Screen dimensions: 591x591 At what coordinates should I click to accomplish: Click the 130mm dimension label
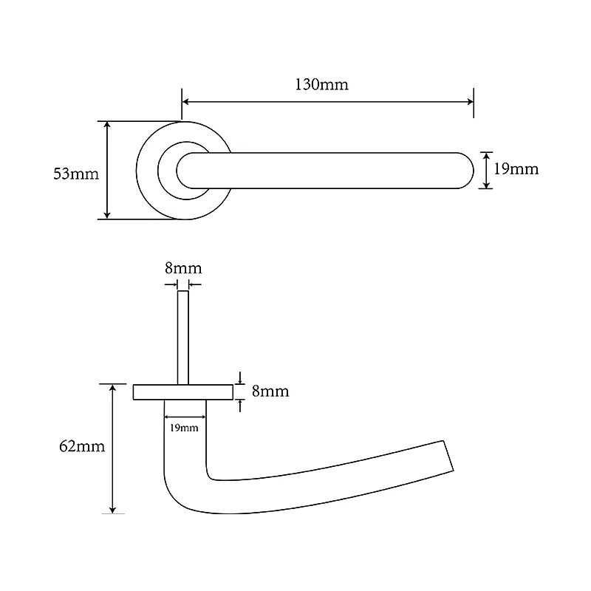(x=321, y=84)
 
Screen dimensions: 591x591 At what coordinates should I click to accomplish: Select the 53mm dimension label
(x=76, y=174)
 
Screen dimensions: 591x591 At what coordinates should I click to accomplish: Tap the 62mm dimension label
(x=82, y=446)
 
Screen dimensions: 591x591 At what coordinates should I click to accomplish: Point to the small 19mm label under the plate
(x=184, y=428)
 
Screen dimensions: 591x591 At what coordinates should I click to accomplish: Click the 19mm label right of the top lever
(x=516, y=169)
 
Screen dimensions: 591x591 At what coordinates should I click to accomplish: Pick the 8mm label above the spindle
(x=183, y=268)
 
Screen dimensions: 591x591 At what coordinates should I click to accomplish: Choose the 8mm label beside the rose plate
(x=270, y=392)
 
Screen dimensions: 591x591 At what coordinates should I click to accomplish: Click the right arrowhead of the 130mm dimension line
(x=471, y=102)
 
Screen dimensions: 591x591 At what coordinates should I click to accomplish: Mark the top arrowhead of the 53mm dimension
(x=107, y=125)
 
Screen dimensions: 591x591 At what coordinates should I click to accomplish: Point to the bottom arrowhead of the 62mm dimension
(x=113, y=510)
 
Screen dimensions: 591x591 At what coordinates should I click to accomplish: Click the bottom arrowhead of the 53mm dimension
(x=107, y=215)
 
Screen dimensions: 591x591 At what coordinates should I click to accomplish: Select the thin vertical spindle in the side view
(x=183, y=338)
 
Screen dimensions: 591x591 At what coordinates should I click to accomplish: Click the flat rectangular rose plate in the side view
(x=183, y=392)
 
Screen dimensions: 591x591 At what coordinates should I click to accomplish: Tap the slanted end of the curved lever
(x=448, y=456)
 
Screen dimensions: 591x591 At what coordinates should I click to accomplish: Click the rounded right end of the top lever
(x=466, y=171)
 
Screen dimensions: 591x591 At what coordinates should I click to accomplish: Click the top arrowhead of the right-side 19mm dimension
(x=486, y=156)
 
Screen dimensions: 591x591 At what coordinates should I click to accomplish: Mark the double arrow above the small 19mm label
(x=185, y=417)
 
